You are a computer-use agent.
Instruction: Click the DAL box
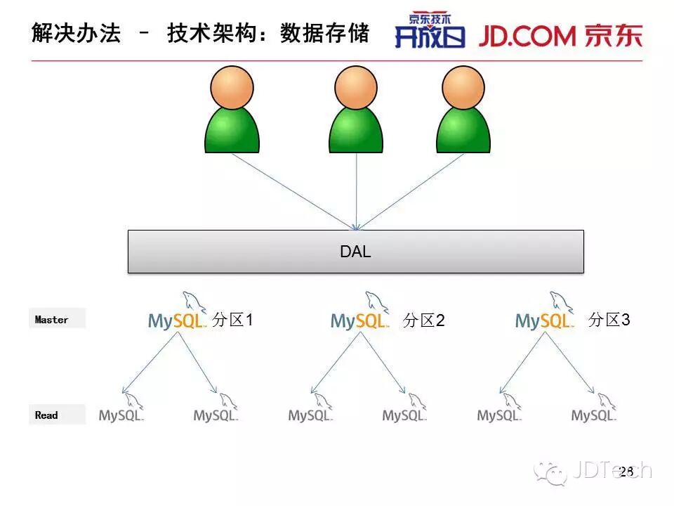[x=355, y=252]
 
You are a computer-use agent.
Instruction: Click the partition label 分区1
[x=232, y=320]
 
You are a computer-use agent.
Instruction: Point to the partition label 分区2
[x=424, y=321]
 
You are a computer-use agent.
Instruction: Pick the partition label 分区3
[x=609, y=320]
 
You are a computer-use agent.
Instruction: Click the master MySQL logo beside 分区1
[x=178, y=316]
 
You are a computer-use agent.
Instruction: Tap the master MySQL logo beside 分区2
[x=360, y=316]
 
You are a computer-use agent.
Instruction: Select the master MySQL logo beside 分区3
[x=545, y=316]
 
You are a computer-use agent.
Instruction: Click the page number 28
[x=626, y=471]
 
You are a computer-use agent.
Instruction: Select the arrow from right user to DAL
[x=411, y=190]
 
